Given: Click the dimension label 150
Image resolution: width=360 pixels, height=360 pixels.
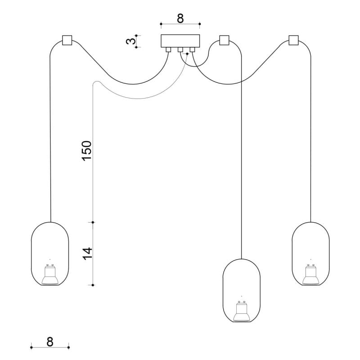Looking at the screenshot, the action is click(87, 151).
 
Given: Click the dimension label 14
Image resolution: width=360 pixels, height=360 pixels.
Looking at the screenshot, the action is click(87, 254).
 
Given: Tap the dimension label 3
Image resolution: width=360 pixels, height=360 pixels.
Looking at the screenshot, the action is click(131, 41).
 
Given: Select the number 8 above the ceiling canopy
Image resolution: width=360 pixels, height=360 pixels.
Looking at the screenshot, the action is click(180, 18).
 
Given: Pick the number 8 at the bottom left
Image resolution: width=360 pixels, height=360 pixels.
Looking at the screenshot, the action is click(50, 342).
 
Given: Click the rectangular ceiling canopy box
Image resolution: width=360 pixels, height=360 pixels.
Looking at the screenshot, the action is click(180, 41).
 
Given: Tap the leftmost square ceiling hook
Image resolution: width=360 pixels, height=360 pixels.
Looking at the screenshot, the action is click(67, 40).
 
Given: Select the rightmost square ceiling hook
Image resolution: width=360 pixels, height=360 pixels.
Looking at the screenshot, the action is click(293, 40).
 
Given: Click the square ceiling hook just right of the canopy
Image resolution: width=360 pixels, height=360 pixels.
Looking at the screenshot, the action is click(224, 40).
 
